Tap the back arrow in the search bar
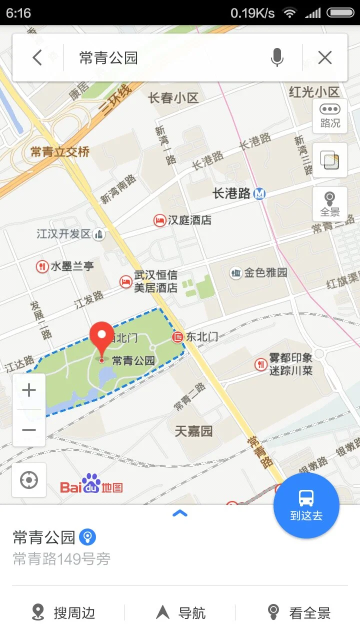[37, 58]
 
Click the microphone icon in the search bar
[277, 58]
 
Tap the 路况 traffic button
[330, 116]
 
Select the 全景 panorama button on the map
[330, 204]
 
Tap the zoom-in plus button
[29, 390]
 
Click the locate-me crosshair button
[29, 480]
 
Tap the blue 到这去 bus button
[306, 505]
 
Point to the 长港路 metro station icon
[259, 193]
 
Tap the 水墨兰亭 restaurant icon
[42, 266]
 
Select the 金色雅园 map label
[265, 273]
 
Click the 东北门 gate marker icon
[177, 337]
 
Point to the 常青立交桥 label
[60, 152]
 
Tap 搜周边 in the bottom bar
[63, 612]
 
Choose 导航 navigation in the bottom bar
[180, 612]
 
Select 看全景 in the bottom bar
[299, 612]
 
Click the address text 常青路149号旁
[61, 559]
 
